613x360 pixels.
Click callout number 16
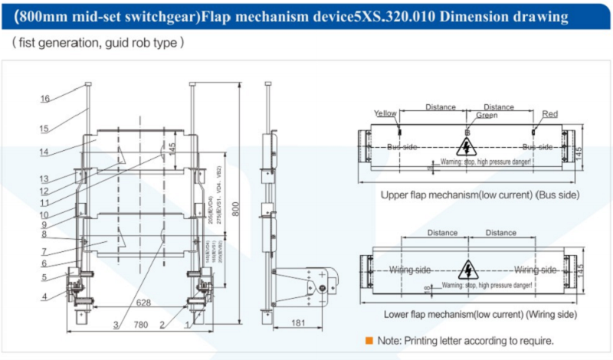pyautogui.click(x=44, y=98)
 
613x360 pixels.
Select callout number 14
pyautogui.click(x=44, y=152)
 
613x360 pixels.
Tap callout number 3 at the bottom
pyautogui.click(x=116, y=325)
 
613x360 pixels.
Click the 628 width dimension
pyautogui.click(x=143, y=303)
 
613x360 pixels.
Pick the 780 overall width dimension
pyautogui.click(x=140, y=326)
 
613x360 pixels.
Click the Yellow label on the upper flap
pyautogui.click(x=385, y=113)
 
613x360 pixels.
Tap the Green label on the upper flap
pyautogui.click(x=486, y=116)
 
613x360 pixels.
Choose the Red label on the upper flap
pyautogui.click(x=549, y=114)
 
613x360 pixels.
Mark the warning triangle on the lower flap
pyautogui.click(x=464, y=270)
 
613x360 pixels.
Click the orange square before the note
pyautogui.click(x=369, y=339)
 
